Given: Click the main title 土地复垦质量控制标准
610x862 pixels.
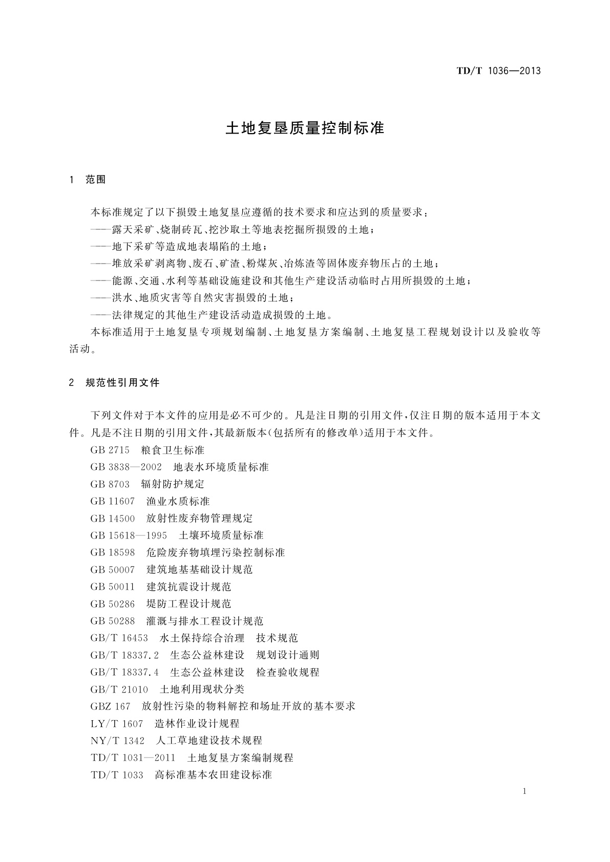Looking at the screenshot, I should pos(305,128).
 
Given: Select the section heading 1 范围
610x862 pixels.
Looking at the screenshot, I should pos(88,180).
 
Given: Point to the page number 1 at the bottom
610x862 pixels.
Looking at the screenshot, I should pos(524,791).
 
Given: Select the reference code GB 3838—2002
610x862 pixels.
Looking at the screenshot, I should pos(126,467).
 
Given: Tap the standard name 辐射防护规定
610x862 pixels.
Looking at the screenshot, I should pos(173,484).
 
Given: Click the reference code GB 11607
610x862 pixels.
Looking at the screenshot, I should pos(113,501).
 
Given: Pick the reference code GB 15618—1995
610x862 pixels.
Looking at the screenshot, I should pos(129,535).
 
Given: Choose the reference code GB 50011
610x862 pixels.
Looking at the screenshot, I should pos(113,587).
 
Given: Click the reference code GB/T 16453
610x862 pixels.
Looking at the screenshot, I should pos(119,638).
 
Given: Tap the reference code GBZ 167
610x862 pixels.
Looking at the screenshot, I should pos(111,706).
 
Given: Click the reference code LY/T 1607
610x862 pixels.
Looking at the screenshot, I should pos(117,723).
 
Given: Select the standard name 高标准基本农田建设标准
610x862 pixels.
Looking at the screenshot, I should pos(214,774).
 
